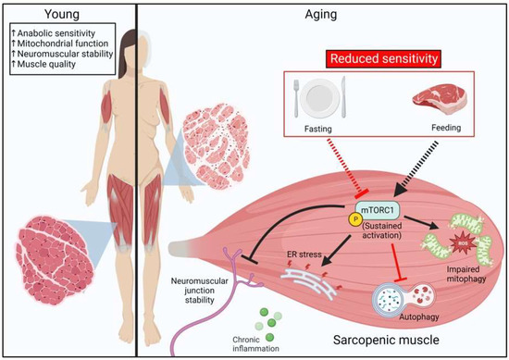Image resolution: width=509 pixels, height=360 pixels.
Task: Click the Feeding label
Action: click(x=420, y=131)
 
